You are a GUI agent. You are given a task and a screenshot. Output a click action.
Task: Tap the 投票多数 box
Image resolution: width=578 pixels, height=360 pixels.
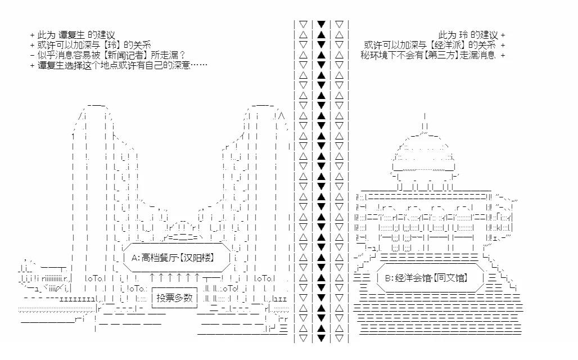pyautogui.click(x=174, y=298)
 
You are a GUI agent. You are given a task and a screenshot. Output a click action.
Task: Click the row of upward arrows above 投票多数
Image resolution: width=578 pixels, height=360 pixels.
pyautogui.click(x=174, y=277)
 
